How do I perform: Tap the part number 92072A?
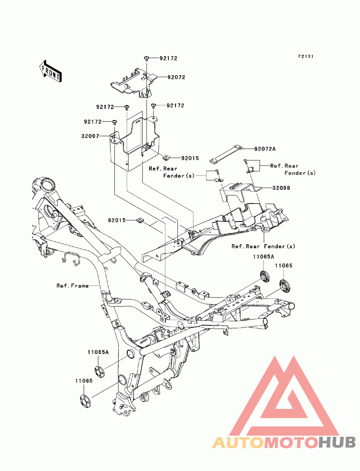pos(265,149)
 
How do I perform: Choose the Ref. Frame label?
pos(72,285)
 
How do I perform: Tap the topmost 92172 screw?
pos(147,59)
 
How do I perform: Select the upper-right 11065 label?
pos(284,266)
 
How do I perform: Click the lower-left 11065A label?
pos(98,353)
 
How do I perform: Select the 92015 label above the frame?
pos(117,220)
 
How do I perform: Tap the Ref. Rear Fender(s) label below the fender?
pos(263,246)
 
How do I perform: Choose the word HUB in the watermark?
pos(337,442)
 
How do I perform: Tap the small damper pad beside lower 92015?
pos(139,220)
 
